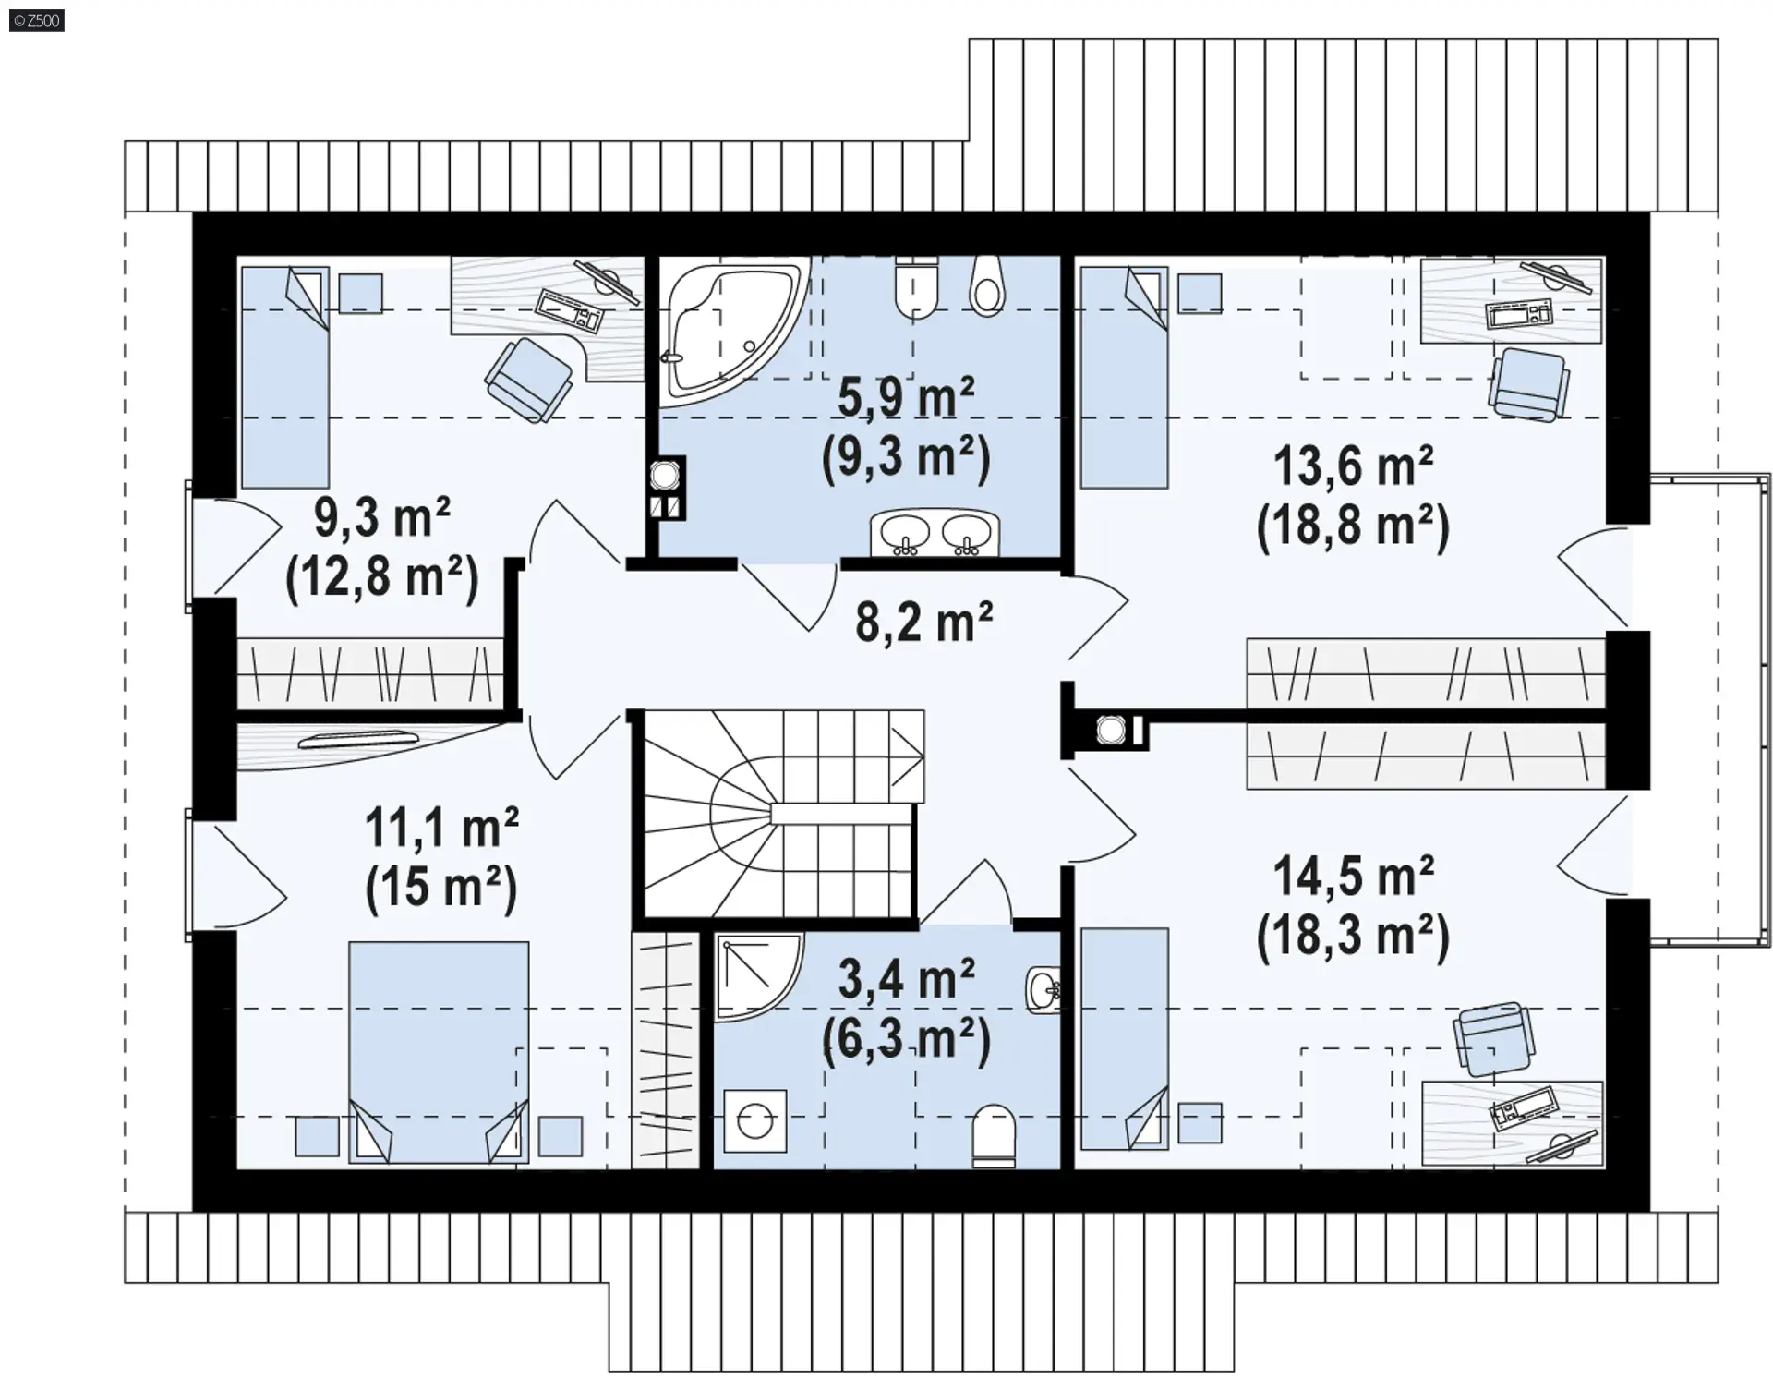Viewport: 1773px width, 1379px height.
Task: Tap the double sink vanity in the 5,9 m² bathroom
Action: coord(935,534)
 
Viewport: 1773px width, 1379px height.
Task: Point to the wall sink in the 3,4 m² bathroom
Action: coord(1043,991)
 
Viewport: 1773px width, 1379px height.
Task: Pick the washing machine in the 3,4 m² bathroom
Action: coord(755,1121)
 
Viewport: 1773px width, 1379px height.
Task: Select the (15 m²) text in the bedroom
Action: coord(441,886)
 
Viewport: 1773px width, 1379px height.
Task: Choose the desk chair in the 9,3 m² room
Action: coord(528,379)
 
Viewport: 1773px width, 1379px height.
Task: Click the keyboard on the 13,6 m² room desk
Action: coord(1519,313)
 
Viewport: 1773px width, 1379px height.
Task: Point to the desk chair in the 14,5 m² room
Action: coord(1494,1039)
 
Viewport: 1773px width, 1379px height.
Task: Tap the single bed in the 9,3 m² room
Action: coord(285,378)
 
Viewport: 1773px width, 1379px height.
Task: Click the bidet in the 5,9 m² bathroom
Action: coord(987,285)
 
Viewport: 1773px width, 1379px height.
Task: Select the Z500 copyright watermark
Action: coord(37,19)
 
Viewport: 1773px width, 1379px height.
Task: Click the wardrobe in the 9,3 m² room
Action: coord(370,673)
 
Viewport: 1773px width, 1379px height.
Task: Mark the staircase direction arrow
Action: coord(908,757)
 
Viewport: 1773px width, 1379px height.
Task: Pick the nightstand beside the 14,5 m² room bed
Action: coord(1200,1123)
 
